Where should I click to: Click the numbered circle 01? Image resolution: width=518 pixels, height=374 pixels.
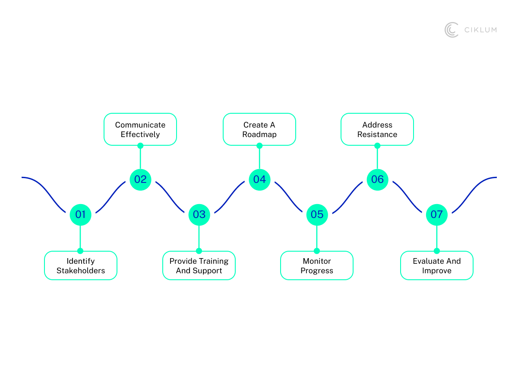point(80,214)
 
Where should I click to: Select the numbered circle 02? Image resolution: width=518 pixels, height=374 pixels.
point(140,179)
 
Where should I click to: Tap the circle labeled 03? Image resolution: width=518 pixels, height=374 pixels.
point(199,214)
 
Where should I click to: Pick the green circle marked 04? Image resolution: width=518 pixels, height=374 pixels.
point(259,179)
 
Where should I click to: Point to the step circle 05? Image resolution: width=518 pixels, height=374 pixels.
point(317,214)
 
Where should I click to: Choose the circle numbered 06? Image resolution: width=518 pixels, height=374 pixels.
point(377,179)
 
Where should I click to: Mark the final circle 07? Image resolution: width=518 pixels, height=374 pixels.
point(436,214)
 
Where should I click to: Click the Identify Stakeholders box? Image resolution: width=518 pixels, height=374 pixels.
point(81,265)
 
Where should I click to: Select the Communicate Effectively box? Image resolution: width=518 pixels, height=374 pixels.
point(140,129)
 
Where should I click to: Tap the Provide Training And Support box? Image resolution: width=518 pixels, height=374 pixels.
point(199,265)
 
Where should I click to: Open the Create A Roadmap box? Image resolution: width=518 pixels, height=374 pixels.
point(259,129)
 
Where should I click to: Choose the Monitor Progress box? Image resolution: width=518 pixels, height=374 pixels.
point(317,265)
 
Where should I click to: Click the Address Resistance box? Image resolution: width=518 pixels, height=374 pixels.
point(377,129)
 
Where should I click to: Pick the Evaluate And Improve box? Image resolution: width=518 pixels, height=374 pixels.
point(437,265)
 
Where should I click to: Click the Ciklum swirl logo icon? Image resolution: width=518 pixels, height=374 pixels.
point(452,30)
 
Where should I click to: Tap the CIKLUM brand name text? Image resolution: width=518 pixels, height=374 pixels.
point(480,30)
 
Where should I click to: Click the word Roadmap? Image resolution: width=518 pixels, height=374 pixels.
point(259,134)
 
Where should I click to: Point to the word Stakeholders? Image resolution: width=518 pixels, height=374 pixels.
point(81,271)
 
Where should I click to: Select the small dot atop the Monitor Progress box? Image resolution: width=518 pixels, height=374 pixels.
point(317,251)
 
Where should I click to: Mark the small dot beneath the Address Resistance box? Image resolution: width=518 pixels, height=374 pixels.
point(377,146)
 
